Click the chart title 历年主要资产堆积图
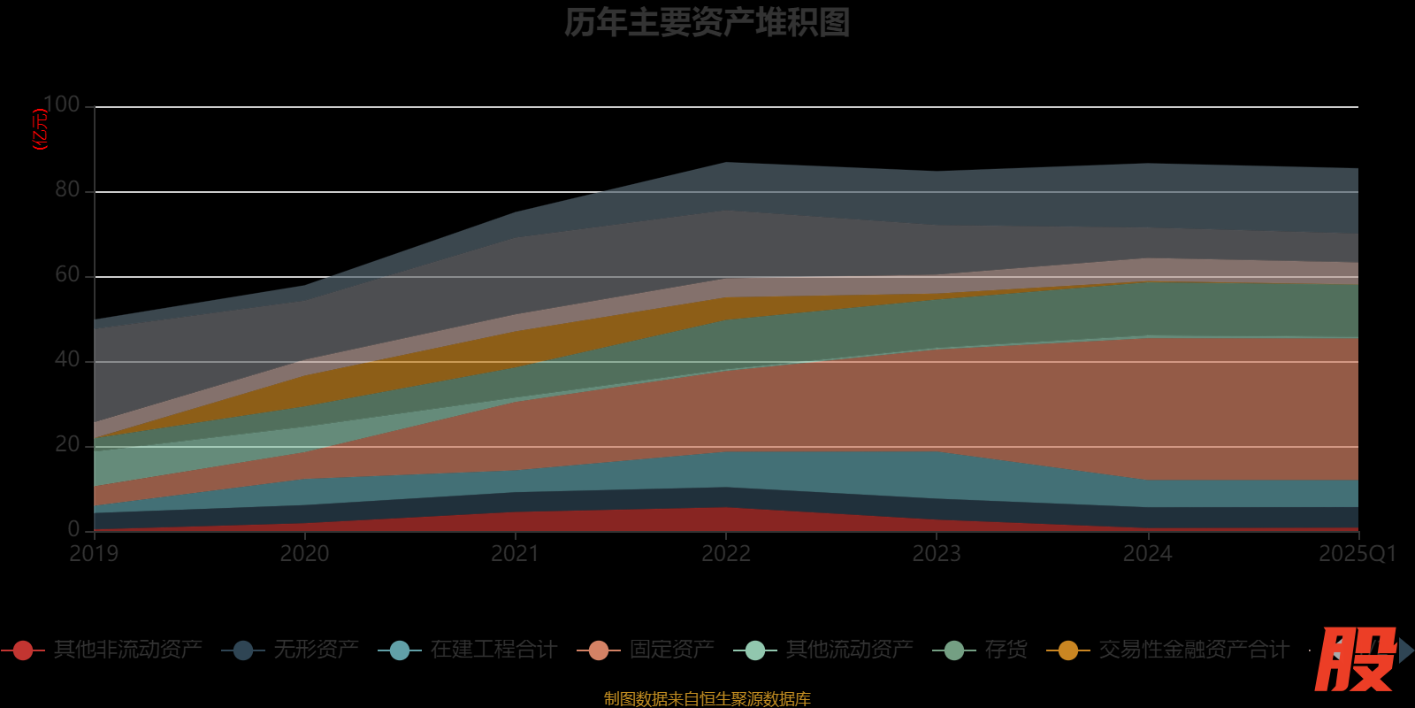click(x=707, y=23)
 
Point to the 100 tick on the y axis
click(x=61, y=104)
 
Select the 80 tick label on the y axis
click(x=67, y=189)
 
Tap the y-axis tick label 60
click(x=67, y=274)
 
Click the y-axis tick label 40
click(x=67, y=359)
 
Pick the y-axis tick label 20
click(x=67, y=444)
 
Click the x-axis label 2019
click(x=94, y=554)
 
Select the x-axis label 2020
click(x=304, y=554)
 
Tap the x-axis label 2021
click(x=515, y=554)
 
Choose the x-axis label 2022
click(x=725, y=554)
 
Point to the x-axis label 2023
click(x=936, y=554)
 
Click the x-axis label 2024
click(x=1147, y=554)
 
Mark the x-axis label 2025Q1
click(x=1357, y=554)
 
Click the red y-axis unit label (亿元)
click(x=40, y=129)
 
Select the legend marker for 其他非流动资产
click(x=23, y=650)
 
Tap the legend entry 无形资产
click(x=316, y=650)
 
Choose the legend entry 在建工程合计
click(x=493, y=650)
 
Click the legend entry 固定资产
click(x=671, y=650)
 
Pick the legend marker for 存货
click(x=954, y=650)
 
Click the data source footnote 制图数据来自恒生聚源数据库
click(x=707, y=699)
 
